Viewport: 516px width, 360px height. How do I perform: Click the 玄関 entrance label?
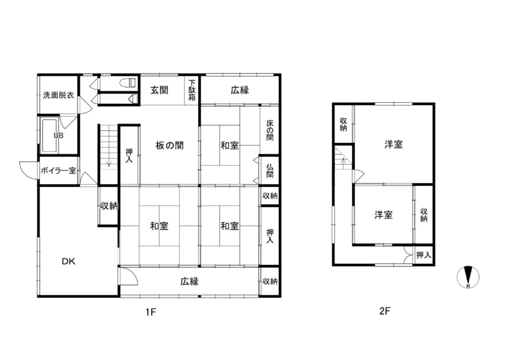point(159,90)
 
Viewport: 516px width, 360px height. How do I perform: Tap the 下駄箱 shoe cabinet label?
point(192,90)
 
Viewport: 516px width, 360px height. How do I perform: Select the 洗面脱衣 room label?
point(58,95)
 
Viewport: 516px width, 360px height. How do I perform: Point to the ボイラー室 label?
point(58,171)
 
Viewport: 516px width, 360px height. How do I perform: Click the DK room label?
point(68,261)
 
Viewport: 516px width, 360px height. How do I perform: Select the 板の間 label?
point(169,145)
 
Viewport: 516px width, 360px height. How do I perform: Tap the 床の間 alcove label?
point(269,129)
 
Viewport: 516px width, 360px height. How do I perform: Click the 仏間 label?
point(269,170)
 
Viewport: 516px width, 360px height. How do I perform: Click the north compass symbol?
point(469,276)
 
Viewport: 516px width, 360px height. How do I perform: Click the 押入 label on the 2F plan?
point(424,255)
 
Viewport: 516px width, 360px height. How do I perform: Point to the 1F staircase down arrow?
point(108,163)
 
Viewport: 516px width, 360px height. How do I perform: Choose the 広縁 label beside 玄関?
point(240,90)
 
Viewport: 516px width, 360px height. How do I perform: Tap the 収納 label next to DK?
point(109,205)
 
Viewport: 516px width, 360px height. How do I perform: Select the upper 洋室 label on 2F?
point(394,144)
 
